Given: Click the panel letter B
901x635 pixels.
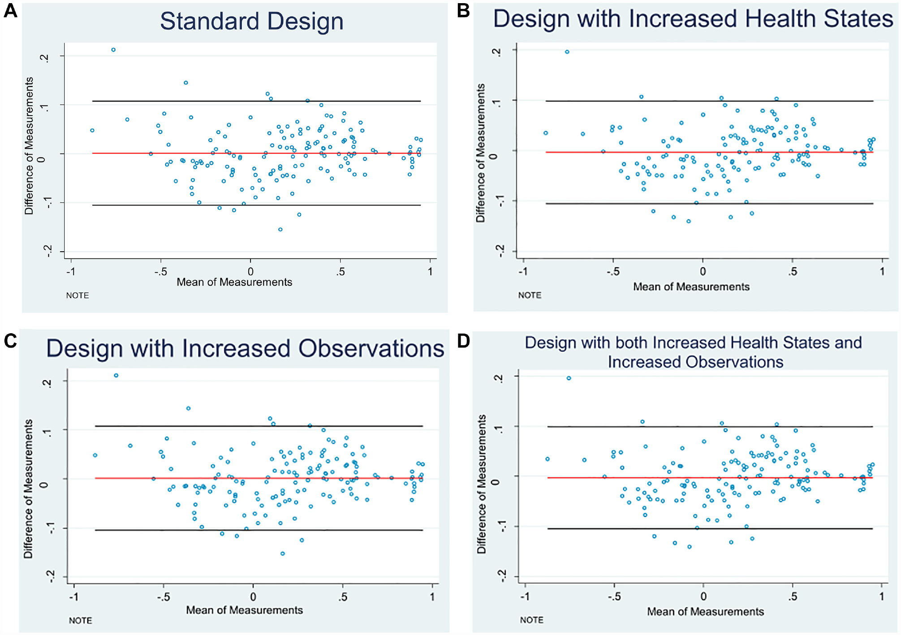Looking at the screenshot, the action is [463, 10].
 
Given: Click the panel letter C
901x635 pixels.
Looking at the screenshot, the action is [10, 341].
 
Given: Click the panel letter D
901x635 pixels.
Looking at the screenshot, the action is [464, 341].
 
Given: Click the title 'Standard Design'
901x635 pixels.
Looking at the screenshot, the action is [252, 21].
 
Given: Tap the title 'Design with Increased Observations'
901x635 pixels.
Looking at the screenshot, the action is [245, 348].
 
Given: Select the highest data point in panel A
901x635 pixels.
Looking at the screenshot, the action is [113, 50].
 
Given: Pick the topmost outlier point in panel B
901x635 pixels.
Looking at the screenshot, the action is [567, 52].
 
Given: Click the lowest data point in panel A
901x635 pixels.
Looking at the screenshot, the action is [280, 229].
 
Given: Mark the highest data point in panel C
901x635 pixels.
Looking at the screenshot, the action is [116, 375].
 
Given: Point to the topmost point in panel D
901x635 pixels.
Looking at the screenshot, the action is [569, 378].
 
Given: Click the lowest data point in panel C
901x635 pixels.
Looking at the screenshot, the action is [283, 553].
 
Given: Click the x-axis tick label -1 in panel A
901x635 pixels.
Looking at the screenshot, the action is [71, 271].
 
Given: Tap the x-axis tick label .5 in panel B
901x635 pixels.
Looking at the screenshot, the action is [793, 271].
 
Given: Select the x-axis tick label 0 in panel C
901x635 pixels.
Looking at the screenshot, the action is [253, 597].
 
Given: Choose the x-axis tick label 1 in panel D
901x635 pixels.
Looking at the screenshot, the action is [882, 597].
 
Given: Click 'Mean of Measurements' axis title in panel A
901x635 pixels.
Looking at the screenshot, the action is [234, 282].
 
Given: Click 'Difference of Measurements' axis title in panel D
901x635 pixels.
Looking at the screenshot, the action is [481, 484].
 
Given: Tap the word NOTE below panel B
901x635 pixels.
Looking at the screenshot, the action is [530, 295].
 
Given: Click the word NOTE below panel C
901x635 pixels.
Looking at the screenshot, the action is [80, 621].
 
